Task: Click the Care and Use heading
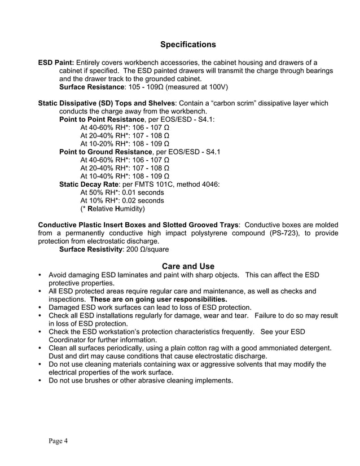(188, 266)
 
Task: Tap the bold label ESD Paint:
(55, 63)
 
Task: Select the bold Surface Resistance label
(91, 87)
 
